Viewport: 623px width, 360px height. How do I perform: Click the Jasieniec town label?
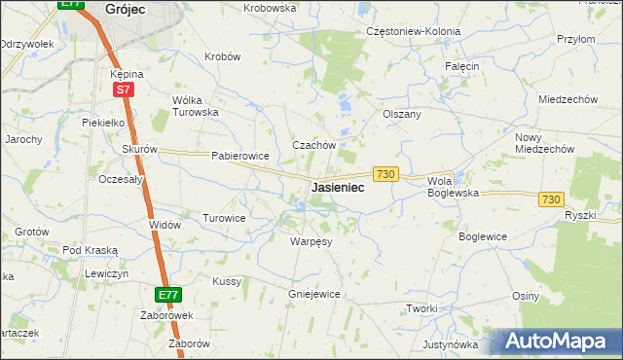point(338,187)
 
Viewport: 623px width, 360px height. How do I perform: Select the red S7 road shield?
point(123,90)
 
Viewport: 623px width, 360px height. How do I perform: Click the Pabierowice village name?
point(239,156)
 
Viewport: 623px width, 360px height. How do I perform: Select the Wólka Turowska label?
point(195,106)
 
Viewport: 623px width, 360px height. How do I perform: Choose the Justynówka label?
point(451,344)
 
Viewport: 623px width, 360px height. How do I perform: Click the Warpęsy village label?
point(311,240)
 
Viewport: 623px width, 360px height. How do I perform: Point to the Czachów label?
point(314,145)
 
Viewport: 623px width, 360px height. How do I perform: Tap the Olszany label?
point(402,114)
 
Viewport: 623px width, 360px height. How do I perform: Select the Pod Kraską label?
point(90,250)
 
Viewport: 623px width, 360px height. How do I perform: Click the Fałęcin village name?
point(462,65)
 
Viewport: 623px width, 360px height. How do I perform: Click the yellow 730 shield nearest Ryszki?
point(551,198)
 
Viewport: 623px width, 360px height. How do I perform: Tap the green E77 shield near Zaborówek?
point(167,294)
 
